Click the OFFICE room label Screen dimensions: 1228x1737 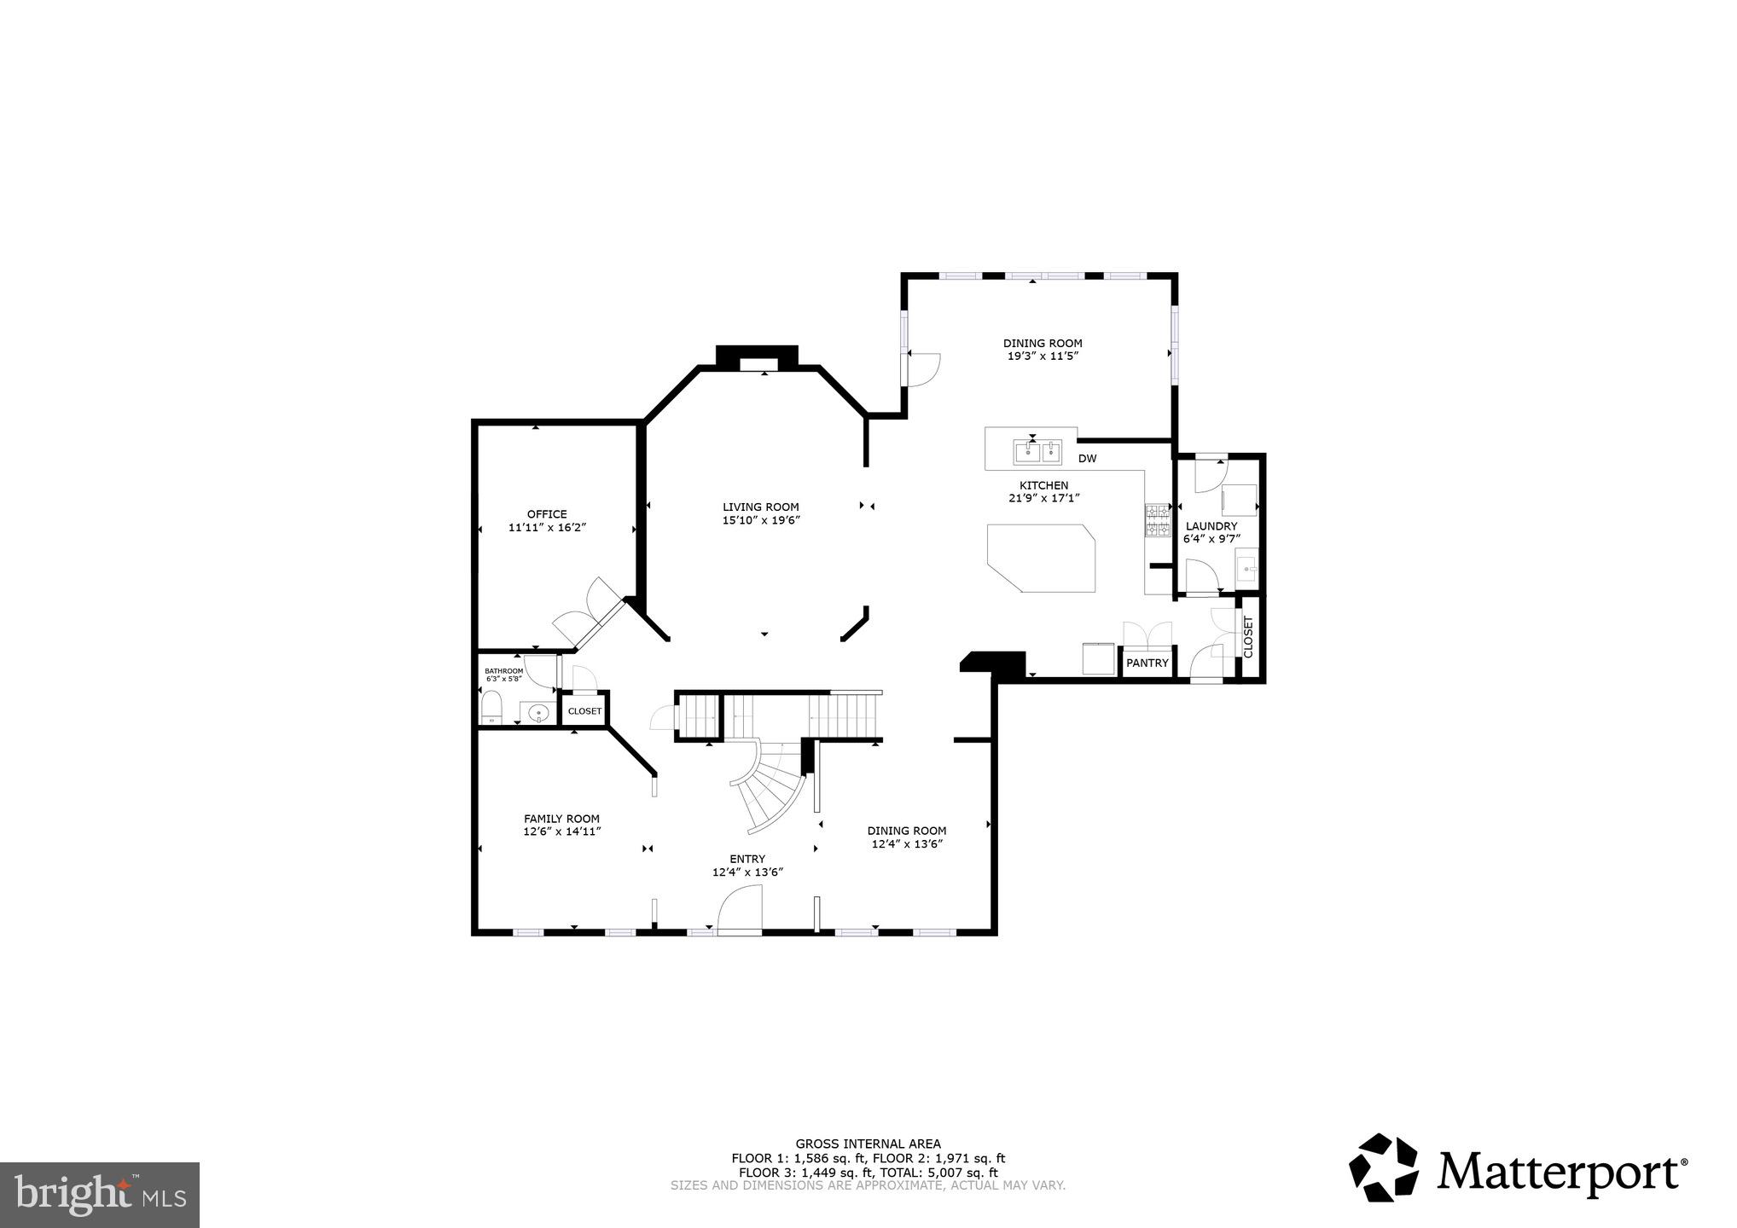pos(547,514)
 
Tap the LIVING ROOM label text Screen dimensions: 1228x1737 pos(761,507)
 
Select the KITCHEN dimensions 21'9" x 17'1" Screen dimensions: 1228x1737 pos(1043,498)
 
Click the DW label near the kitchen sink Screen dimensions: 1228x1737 pos(1087,459)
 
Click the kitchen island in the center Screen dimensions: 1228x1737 pos(1042,558)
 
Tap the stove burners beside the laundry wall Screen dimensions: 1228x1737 pos(1157,520)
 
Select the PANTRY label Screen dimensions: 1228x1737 pos(1147,663)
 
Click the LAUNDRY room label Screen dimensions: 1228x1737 pos(1211,526)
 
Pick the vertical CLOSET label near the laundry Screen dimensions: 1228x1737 pos(1248,636)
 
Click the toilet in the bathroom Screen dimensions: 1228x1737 pos(491,708)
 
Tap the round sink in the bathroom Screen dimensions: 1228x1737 pos(538,711)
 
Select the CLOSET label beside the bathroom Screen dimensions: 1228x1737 pos(584,711)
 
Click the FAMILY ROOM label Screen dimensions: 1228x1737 pos(561,819)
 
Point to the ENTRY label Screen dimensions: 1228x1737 pos(747,859)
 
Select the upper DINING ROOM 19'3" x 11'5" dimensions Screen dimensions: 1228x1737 pos(1043,356)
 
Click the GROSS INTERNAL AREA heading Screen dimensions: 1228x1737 pos(868,1144)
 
